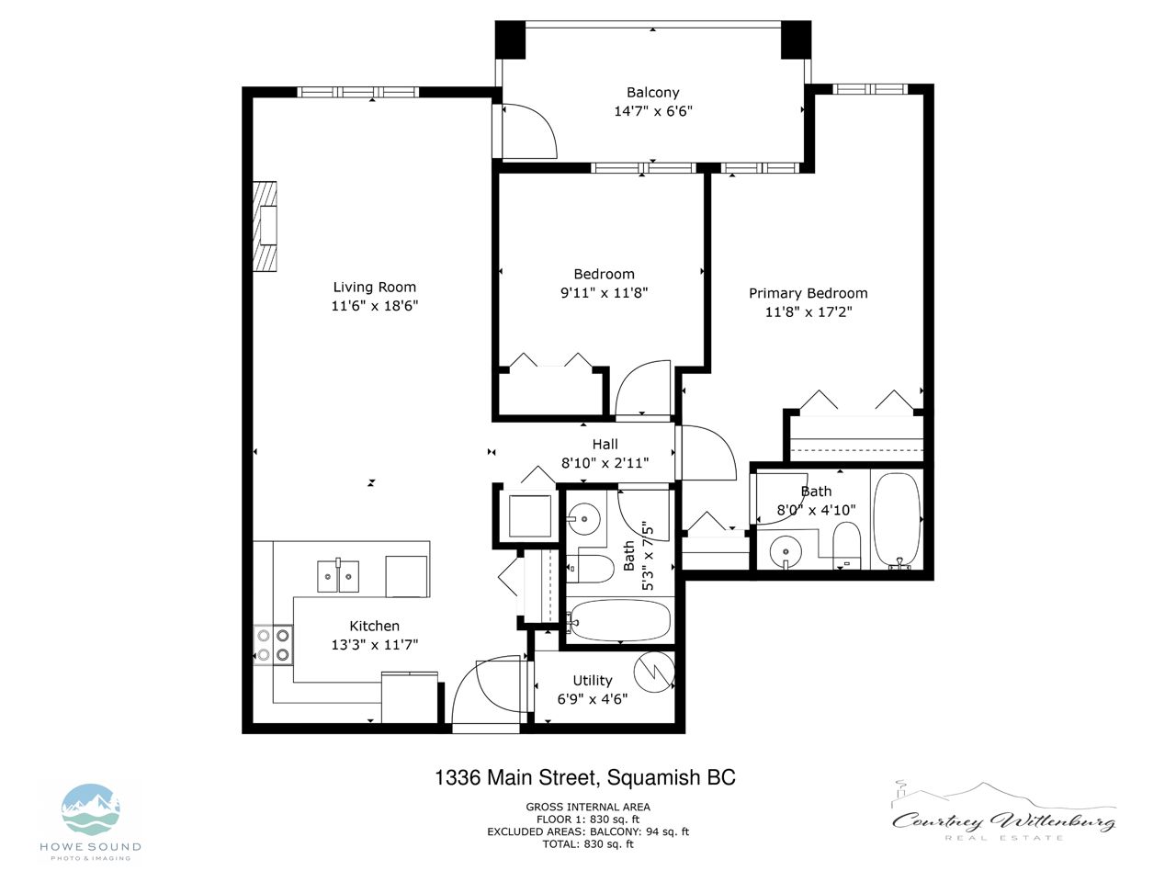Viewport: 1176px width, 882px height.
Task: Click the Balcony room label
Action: [x=652, y=93]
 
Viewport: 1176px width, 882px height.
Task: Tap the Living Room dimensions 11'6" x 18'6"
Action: [x=374, y=306]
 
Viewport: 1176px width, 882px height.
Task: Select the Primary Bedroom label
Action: [x=808, y=293]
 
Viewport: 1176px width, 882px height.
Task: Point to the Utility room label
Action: [x=592, y=680]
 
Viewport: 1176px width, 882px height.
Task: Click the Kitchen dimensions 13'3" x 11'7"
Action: [x=374, y=644]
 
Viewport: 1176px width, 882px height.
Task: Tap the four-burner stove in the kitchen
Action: [x=273, y=645]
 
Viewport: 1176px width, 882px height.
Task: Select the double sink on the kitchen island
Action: [x=338, y=576]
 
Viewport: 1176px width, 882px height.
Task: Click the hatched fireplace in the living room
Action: [x=266, y=227]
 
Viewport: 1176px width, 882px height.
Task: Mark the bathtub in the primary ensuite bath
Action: [x=897, y=519]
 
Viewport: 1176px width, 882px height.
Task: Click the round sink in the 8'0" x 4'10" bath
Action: [x=786, y=550]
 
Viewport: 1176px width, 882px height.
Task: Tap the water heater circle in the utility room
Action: [x=654, y=673]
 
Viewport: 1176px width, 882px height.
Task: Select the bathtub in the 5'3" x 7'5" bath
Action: [x=619, y=621]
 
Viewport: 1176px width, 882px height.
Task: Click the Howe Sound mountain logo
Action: [x=91, y=809]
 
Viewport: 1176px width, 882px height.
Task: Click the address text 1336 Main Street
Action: [x=515, y=777]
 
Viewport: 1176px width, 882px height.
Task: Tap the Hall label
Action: [x=605, y=445]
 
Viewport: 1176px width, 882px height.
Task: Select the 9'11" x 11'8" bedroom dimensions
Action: [x=604, y=293]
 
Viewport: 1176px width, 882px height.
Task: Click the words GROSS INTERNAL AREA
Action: [x=588, y=807]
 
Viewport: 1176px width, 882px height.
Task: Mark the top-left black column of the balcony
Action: [x=510, y=40]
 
